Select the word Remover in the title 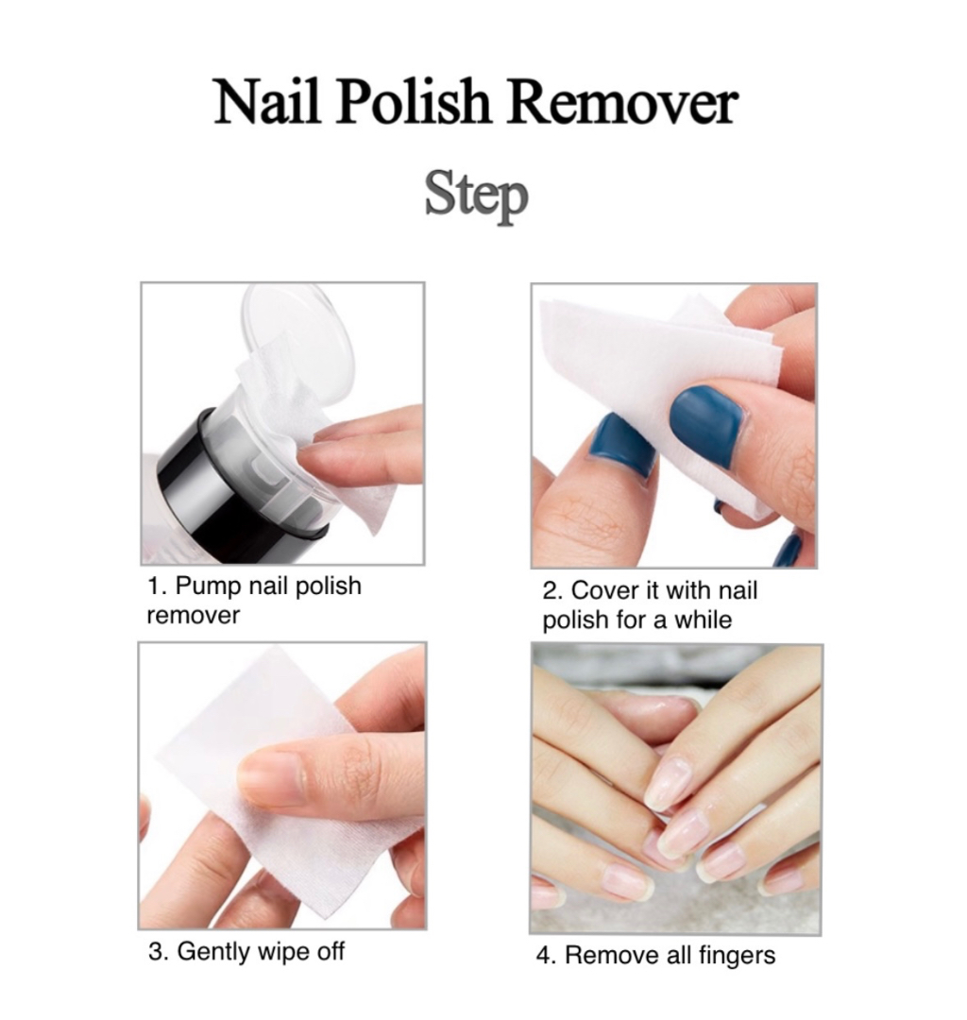point(621,102)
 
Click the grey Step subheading point(475,195)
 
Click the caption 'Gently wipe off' point(261,950)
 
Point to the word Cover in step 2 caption point(604,591)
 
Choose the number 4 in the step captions point(544,955)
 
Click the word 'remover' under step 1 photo point(194,616)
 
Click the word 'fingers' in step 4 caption point(738,955)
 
